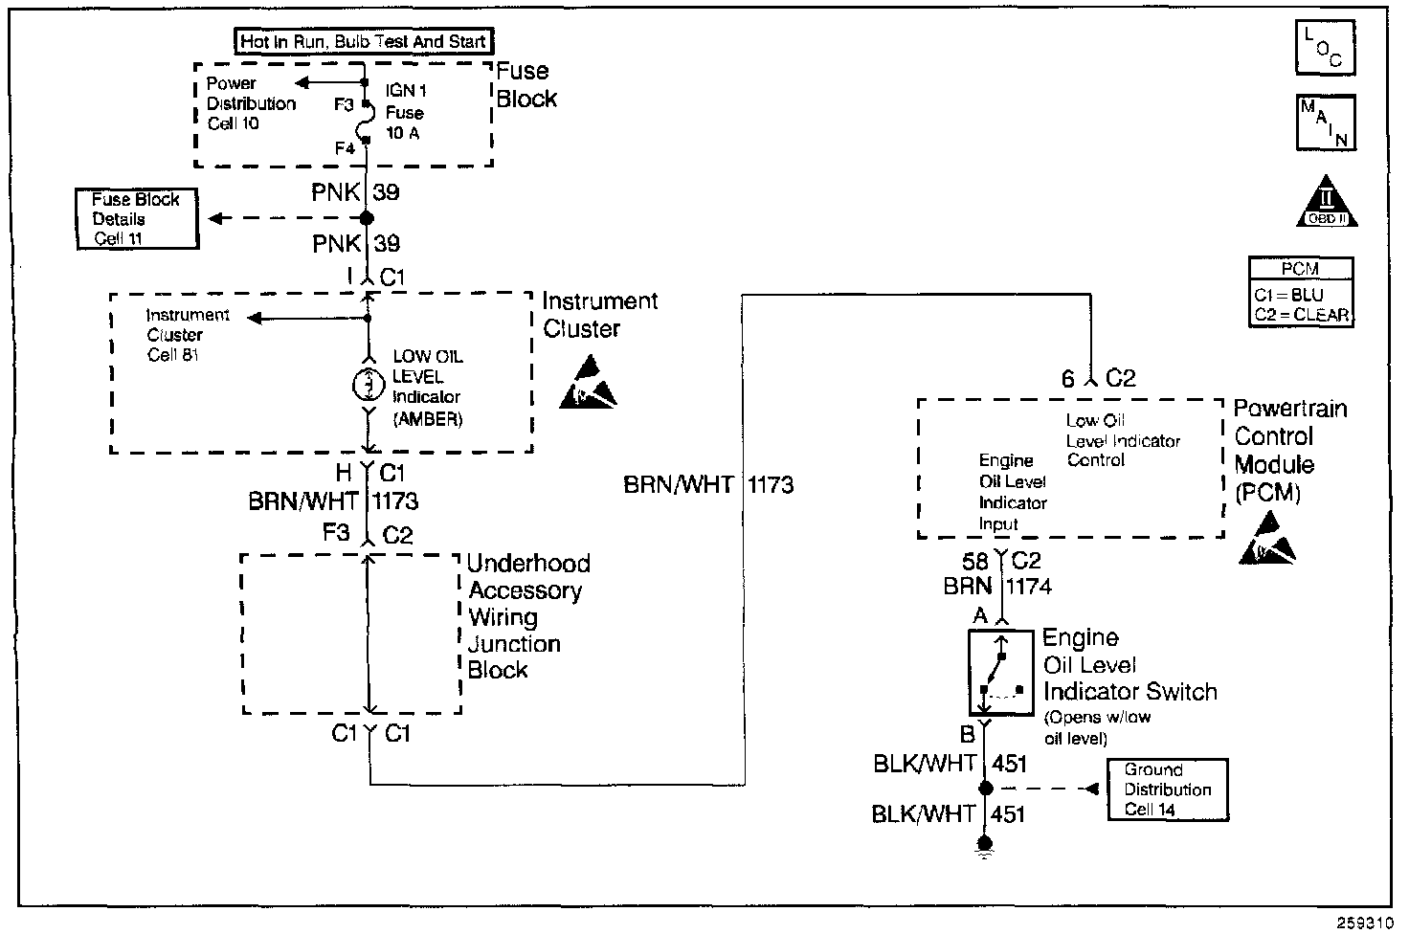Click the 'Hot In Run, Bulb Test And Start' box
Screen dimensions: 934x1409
point(364,41)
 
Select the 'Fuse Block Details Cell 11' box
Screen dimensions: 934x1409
point(137,219)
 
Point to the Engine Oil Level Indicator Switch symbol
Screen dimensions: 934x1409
point(1000,673)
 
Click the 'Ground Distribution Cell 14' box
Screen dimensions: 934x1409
point(1167,789)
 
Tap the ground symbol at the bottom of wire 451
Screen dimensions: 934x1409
point(984,844)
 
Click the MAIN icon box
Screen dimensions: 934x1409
point(1325,122)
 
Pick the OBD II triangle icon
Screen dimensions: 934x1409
point(1326,204)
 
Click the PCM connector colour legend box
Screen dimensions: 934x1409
point(1301,292)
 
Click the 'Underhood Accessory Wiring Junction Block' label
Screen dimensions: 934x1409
point(527,616)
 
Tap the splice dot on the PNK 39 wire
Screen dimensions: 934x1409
point(366,218)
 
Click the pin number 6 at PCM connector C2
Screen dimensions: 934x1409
point(1068,379)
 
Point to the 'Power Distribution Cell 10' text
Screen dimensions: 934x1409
point(251,103)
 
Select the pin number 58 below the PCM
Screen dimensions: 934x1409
point(974,562)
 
